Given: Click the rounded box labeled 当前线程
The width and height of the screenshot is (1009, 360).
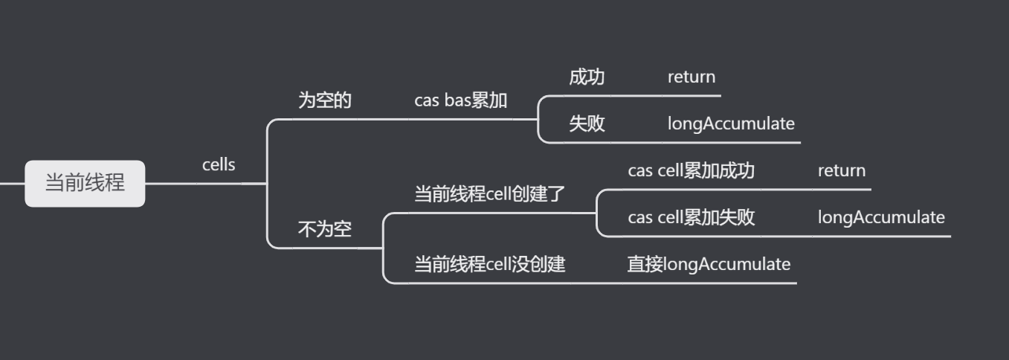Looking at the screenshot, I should [x=85, y=183].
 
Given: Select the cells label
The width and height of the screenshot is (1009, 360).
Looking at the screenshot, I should [x=219, y=165].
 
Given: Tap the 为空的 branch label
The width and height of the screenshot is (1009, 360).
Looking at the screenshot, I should [x=324, y=100].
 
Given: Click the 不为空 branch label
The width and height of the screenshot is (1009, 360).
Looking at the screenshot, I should [x=324, y=230].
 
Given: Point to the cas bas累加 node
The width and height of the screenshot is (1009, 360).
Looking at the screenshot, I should [x=460, y=100].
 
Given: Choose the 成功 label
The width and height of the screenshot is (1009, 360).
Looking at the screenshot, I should [x=587, y=77].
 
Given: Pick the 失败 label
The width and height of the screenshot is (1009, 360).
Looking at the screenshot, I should [x=587, y=123].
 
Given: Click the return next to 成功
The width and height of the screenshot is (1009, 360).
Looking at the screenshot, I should [x=691, y=77].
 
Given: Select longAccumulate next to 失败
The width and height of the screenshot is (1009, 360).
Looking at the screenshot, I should [x=730, y=123].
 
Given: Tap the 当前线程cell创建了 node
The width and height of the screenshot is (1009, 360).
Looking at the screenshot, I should [x=489, y=195].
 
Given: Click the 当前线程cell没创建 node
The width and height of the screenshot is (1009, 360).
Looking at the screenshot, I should [x=489, y=264].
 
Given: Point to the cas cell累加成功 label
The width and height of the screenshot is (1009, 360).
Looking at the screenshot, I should [x=691, y=170].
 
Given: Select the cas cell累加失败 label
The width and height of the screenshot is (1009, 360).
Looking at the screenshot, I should [x=691, y=217].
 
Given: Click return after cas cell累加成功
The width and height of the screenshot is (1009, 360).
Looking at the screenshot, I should [x=841, y=170].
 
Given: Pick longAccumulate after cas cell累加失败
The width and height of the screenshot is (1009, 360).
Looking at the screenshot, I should [x=881, y=217].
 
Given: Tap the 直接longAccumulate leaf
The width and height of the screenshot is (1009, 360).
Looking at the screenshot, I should [x=709, y=264].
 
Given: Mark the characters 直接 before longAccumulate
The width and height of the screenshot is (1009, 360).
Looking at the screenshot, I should [x=645, y=264].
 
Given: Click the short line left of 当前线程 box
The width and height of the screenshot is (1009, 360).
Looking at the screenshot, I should [x=12, y=183].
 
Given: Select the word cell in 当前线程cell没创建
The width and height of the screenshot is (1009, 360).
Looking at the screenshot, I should [x=498, y=264].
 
